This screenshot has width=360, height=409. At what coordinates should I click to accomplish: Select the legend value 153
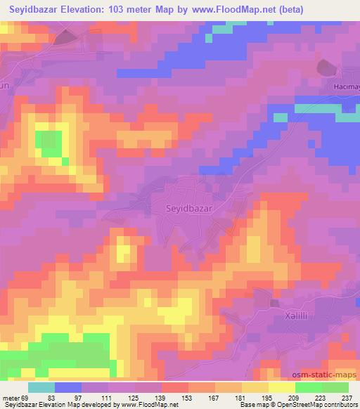pyautogui.click(x=169, y=397)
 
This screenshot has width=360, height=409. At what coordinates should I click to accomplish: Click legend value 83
pyautogui.click(x=41, y=397)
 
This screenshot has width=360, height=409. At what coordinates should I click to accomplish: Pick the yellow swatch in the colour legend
pyautogui.click(x=281, y=387)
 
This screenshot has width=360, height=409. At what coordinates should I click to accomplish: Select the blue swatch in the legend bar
pyautogui.click(x=67, y=387)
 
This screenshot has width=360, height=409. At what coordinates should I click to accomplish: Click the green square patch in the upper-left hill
pyautogui.click(x=49, y=143)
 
